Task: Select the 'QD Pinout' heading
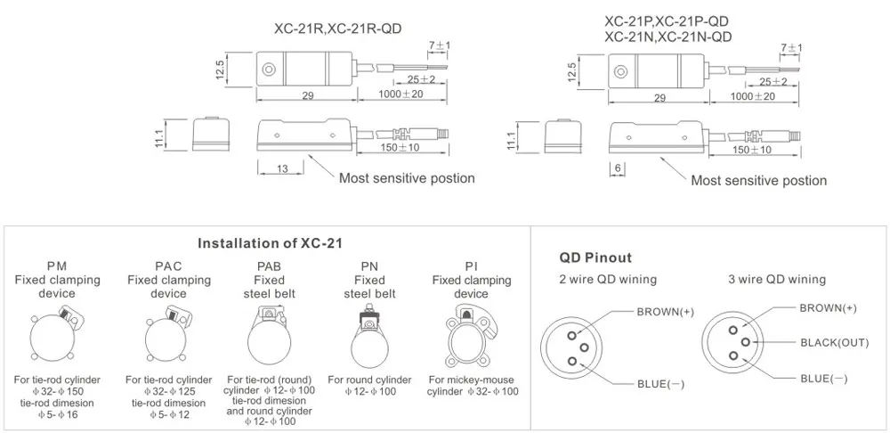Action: coord(595,258)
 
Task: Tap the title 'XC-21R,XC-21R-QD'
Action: coord(338,29)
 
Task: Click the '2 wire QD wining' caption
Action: coord(608,279)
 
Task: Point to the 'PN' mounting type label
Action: coord(369,266)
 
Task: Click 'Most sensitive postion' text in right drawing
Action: coord(759,181)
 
